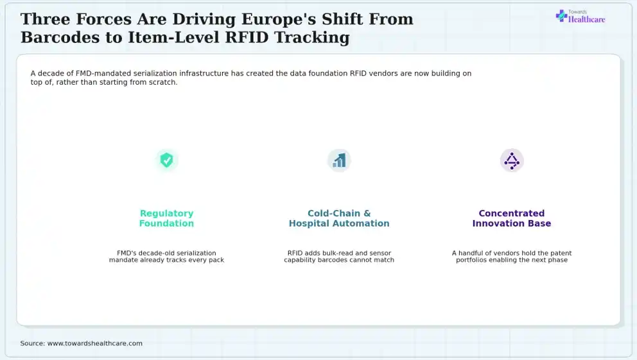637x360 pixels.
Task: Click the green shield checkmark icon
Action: [x=166, y=160]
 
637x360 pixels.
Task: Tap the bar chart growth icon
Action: [x=339, y=160]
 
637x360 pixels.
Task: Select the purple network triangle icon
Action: [x=512, y=160]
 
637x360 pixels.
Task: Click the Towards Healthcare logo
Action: [x=580, y=17]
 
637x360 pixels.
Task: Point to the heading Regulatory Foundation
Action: [x=166, y=218]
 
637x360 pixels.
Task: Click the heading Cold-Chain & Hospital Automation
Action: [x=339, y=218]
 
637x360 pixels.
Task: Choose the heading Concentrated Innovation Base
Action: [x=512, y=218]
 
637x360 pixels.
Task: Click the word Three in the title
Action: [x=45, y=19]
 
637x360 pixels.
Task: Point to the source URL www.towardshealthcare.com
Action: [x=95, y=343]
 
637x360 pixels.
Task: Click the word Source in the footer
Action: [x=33, y=343]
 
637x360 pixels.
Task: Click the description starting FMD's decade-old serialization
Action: [x=166, y=257]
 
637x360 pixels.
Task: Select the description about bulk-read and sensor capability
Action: [x=339, y=257]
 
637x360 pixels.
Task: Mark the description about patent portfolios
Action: [x=512, y=257]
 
